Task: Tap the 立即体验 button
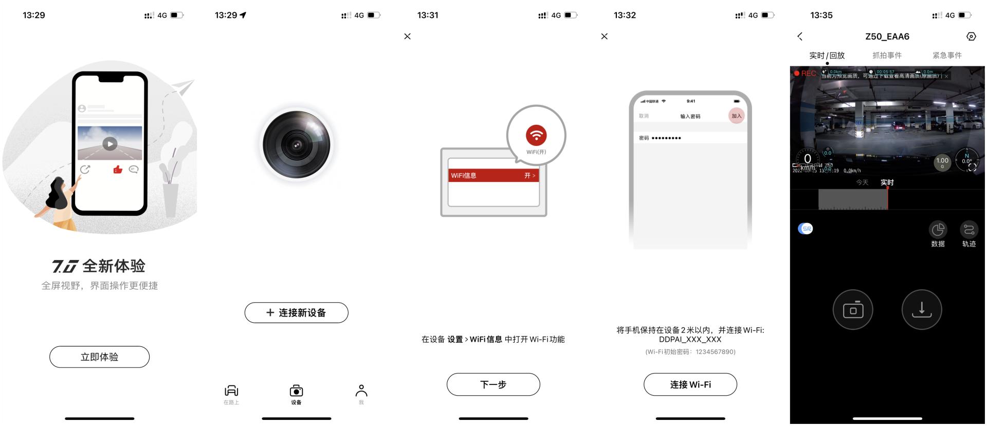[x=99, y=357]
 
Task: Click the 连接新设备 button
[x=296, y=312]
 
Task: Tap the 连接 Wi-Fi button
[x=690, y=384]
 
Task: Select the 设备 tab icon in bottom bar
[x=296, y=392]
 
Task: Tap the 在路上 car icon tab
[x=231, y=392]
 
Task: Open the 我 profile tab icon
[x=361, y=392]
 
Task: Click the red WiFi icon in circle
[x=536, y=135]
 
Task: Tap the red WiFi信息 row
[x=493, y=175]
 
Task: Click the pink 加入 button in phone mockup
[x=736, y=116]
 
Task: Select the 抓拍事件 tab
[x=887, y=55]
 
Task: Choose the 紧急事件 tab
[x=947, y=55]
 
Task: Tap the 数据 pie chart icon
[x=938, y=229]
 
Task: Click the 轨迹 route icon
[x=968, y=229]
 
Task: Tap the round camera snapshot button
[x=853, y=310]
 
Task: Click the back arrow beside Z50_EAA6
[x=800, y=36]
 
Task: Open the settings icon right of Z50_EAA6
[x=971, y=36]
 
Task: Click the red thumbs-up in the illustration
[x=118, y=169]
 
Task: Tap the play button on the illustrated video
[x=109, y=144]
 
